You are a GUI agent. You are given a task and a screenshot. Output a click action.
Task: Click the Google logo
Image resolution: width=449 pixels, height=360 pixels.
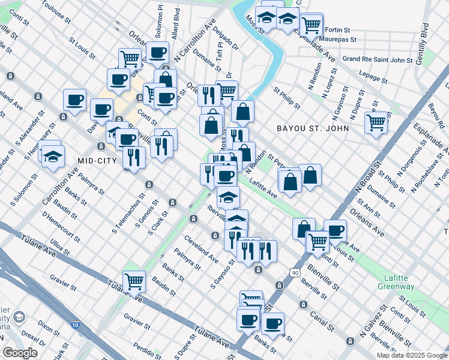[x=20, y=353]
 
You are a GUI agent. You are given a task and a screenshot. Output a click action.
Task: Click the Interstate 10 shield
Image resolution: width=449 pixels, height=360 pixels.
[x=74, y=325]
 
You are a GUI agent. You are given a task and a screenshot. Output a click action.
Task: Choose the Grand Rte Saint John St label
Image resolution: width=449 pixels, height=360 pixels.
[x=377, y=59]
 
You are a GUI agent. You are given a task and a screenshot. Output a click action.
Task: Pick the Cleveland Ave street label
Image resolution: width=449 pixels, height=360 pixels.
[x=201, y=250]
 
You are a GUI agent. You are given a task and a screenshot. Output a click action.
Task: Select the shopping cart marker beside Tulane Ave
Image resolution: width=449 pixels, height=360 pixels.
[x=134, y=280]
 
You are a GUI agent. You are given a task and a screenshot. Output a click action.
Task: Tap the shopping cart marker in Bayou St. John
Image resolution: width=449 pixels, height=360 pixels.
[x=376, y=122]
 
